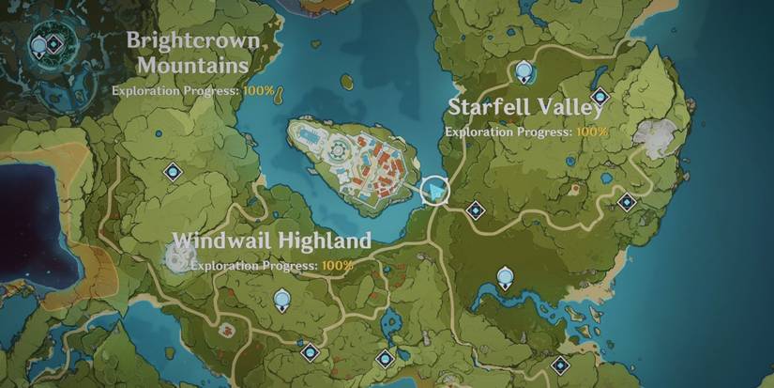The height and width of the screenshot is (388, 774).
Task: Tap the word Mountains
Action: [190, 65]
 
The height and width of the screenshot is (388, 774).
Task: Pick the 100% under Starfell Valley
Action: [592, 132]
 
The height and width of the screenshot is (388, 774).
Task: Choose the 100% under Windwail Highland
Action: [338, 265]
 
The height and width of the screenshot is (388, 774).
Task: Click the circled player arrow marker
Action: [434, 192]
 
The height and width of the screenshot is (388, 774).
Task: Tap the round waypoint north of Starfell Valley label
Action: [524, 71]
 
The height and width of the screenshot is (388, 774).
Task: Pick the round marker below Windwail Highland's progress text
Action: [281, 301]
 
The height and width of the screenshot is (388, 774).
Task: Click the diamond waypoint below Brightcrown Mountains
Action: [173, 171]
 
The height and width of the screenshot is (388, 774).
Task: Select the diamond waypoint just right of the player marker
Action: [476, 209]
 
